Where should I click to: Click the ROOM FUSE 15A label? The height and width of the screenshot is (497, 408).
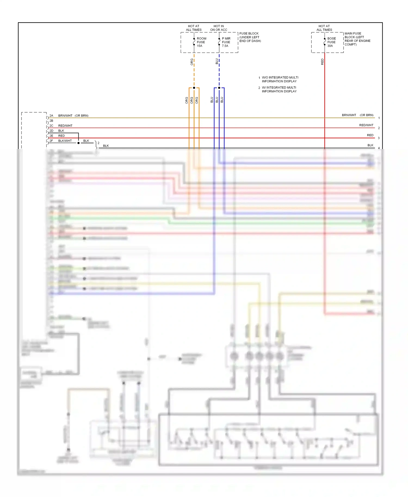tap(201, 42)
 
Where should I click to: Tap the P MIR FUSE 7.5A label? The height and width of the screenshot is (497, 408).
tap(226, 42)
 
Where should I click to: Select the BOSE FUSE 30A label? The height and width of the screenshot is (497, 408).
tap(331, 42)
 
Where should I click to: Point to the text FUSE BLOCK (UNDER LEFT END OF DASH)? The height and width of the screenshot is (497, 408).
tap(250, 37)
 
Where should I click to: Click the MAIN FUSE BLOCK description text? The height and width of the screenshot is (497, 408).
tap(357, 39)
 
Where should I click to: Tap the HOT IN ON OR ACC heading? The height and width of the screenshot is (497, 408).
tap(218, 28)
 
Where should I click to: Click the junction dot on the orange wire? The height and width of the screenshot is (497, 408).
tap(194, 88)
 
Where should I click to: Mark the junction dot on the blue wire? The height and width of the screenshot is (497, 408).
tap(219, 88)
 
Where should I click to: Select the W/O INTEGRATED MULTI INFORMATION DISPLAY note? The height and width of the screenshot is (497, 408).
tap(280, 79)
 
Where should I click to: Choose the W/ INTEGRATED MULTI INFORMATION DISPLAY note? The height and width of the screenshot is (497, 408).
tap(279, 89)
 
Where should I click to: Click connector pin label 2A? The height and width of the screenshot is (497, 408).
tap(51, 116)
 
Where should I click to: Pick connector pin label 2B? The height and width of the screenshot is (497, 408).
tap(51, 121)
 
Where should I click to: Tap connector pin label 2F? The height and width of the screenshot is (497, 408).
tap(51, 141)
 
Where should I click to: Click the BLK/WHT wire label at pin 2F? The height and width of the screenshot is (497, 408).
tap(65, 141)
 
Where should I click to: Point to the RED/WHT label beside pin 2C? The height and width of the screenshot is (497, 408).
tap(65, 126)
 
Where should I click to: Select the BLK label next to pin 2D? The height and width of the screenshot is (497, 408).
tap(61, 131)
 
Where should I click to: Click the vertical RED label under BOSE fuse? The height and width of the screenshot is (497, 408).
tap(322, 62)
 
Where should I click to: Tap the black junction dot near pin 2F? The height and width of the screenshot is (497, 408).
tap(78, 143)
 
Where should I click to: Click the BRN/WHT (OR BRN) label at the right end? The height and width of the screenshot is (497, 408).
tap(357, 115)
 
